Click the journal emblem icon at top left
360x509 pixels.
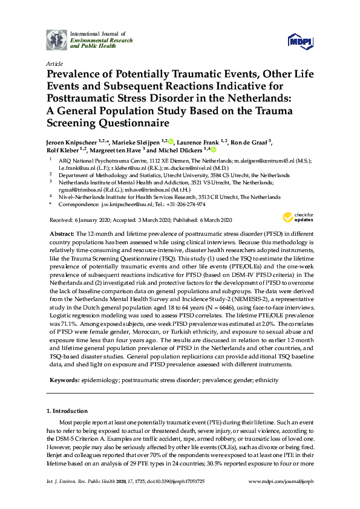coord(57,39)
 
